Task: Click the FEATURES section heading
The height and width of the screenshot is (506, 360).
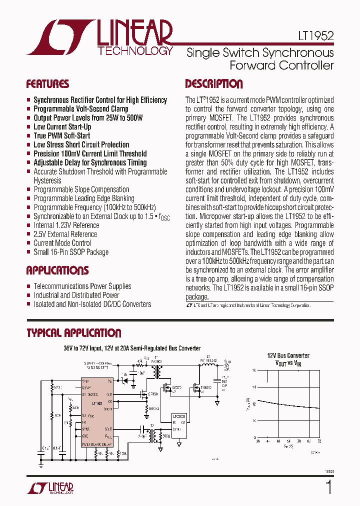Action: pos(47,84)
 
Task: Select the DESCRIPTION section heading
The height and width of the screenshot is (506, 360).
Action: pos(213,84)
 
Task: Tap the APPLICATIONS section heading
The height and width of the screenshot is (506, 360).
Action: pos(57,270)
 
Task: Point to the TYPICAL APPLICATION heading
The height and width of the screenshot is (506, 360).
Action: pos(73,333)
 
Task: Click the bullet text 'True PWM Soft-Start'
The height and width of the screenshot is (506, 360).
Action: pos(62,135)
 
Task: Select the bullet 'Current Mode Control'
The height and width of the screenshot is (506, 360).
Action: pos(62,243)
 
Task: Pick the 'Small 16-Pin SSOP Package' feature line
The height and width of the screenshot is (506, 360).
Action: pos(71,252)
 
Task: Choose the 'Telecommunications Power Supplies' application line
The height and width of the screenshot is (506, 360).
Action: pos(82,286)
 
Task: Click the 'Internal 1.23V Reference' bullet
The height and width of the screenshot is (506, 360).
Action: pos(66,225)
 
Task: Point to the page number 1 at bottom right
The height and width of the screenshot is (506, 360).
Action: pos(328,487)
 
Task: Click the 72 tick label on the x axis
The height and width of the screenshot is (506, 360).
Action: pos(319,441)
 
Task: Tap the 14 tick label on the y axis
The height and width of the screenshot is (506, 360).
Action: pos(254,387)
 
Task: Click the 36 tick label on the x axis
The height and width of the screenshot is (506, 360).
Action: pos(258,441)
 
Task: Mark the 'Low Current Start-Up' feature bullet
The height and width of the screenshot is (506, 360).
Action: pos(62,126)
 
